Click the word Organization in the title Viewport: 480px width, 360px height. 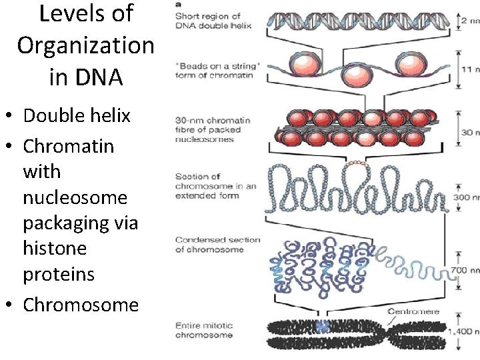[x=85, y=45]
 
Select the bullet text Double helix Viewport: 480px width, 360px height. [x=77, y=115]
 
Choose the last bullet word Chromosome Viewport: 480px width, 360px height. [x=81, y=305]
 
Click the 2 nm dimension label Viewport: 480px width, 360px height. [x=468, y=21]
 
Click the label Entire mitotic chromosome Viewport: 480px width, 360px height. [x=204, y=330]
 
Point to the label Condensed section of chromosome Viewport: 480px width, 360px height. [x=217, y=245]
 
